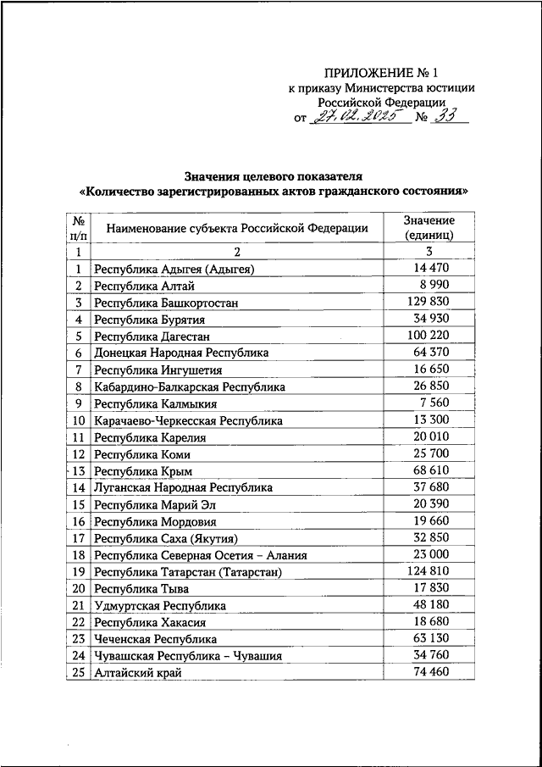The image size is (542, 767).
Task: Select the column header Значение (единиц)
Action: pyautogui.click(x=429, y=227)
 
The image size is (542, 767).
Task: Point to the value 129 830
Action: pyautogui.click(x=429, y=302)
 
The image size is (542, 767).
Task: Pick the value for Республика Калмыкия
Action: pyautogui.click(x=429, y=403)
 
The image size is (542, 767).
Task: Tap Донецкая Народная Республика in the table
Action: pyautogui.click(x=181, y=353)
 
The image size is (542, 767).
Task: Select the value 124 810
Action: pyautogui.click(x=429, y=570)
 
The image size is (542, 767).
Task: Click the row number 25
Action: pyautogui.click(x=77, y=672)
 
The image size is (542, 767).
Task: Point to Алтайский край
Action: pyautogui.click(x=138, y=672)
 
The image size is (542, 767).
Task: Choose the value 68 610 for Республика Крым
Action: pyautogui.click(x=429, y=470)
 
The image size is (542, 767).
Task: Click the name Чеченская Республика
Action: pyautogui.click(x=155, y=638)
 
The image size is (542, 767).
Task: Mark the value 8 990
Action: pyautogui.click(x=429, y=285)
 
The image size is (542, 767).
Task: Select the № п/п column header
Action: pyautogui.click(x=77, y=227)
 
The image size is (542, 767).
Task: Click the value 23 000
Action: pyautogui.click(x=429, y=554)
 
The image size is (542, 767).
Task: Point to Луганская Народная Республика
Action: pyautogui.click(x=183, y=487)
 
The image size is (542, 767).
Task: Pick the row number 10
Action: pyautogui.click(x=77, y=420)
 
